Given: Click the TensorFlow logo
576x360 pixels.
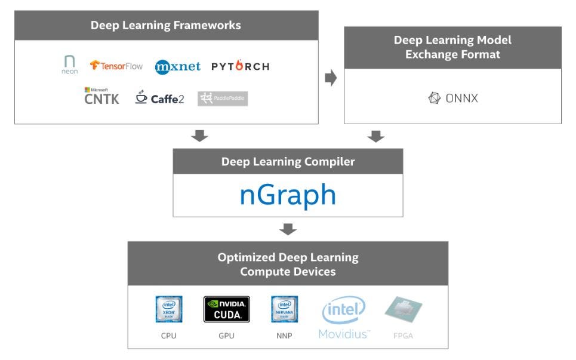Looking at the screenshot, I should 116,66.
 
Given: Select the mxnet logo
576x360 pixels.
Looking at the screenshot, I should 178,66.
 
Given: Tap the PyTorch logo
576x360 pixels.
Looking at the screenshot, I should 240,66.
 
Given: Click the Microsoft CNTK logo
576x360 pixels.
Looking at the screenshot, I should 101,97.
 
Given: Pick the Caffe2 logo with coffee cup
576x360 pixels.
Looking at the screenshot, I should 159,98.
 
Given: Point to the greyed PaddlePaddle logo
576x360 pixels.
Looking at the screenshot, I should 223,99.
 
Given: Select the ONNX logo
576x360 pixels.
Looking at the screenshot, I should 453,99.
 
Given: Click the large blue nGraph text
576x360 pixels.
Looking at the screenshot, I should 288,195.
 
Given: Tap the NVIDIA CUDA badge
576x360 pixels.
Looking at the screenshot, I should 226,309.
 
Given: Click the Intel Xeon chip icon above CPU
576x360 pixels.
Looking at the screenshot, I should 168,309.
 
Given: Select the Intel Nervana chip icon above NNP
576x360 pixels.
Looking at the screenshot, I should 285,309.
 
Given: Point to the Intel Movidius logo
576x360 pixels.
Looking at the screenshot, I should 344,318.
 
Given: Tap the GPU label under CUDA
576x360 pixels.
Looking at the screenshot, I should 226,336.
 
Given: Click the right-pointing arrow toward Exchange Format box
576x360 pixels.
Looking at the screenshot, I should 331,79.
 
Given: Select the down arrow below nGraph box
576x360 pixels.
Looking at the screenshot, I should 288,229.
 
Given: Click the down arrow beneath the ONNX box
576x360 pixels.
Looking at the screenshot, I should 375,137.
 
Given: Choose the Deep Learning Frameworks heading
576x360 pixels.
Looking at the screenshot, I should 166,25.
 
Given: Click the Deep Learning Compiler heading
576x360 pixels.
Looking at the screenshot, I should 288,162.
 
